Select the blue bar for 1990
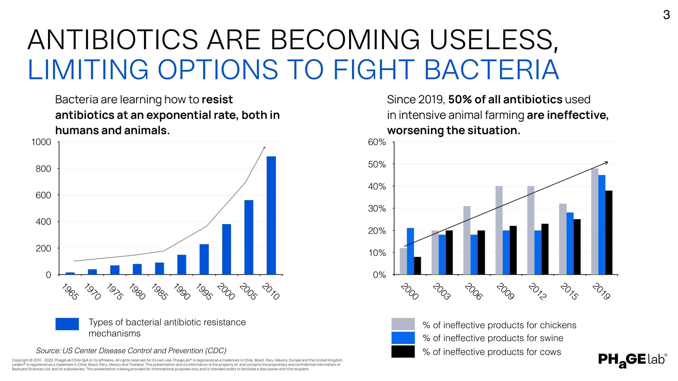pyautogui.click(x=182, y=265)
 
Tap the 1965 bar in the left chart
pyautogui.click(x=70, y=273)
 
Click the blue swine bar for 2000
pyautogui.click(x=410, y=251)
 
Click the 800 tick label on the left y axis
pyautogui.click(x=43, y=169)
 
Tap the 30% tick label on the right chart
pyautogui.click(x=377, y=209)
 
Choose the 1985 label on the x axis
pyautogui.click(x=159, y=291)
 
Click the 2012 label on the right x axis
pyautogui.click(x=537, y=291)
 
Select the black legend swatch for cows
pyautogui.click(x=403, y=352)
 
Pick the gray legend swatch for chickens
pyautogui.click(x=403, y=324)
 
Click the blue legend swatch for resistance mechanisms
pyautogui.click(x=67, y=324)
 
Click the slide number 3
pyautogui.click(x=666, y=15)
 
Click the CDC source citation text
pyautogui.click(x=131, y=350)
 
